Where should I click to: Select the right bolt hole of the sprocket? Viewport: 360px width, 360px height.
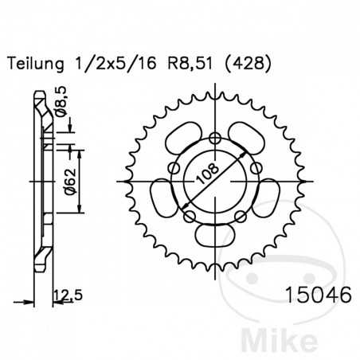click(x=257, y=169)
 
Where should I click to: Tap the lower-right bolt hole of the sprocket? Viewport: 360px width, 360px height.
click(x=242, y=215)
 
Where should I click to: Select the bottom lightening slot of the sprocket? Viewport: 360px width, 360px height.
click(x=217, y=235)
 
